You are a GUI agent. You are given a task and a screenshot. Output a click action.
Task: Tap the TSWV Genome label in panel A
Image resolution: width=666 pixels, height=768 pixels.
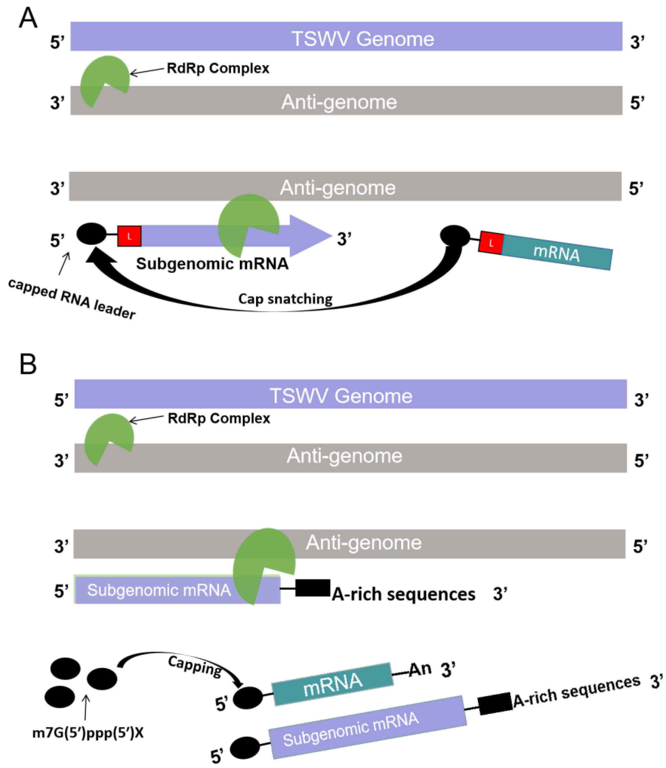(362, 39)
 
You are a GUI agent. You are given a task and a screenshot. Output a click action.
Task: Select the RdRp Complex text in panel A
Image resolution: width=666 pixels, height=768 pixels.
(218, 68)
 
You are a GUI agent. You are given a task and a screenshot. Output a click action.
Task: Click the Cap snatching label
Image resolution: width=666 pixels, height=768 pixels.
(285, 299)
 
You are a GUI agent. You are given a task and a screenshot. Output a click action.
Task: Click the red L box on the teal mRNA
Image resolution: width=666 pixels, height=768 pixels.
(491, 243)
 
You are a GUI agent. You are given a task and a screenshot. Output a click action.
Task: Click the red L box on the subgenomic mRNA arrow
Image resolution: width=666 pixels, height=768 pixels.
(129, 236)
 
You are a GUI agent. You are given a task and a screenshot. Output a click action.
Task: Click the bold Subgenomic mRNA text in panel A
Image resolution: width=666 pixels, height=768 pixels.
(212, 264)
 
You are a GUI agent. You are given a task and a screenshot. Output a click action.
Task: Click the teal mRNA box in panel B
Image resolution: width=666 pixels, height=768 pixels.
(333, 684)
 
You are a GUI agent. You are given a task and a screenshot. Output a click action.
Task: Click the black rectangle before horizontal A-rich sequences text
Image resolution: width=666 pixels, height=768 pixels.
(313, 588)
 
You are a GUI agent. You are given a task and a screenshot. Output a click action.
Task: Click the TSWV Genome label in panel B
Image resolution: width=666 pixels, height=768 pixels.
(341, 395)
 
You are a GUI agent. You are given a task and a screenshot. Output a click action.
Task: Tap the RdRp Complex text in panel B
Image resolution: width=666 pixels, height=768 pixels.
(219, 418)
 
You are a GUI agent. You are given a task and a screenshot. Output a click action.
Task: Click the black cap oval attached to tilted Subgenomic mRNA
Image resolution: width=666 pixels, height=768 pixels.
(245, 748)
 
